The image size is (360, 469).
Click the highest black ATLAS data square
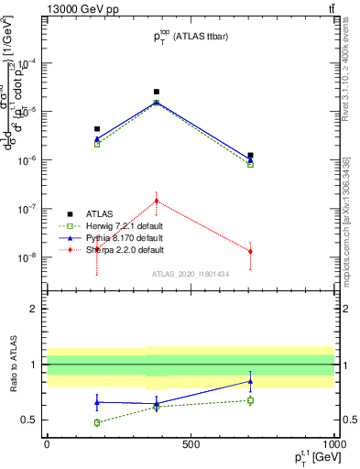point(157,92)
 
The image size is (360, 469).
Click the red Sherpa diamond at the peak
point(157,201)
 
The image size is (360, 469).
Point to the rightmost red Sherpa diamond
point(250,251)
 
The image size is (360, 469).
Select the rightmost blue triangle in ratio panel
point(250,381)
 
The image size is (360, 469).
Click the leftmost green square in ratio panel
point(97,422)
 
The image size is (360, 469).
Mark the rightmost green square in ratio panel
point(250,400)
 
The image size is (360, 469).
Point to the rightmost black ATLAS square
point(250,156)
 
